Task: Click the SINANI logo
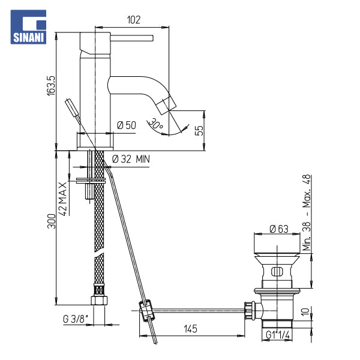point(28,26)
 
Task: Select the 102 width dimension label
point(134,20)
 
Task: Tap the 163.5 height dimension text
point(51,86)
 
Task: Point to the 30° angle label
point(155,124)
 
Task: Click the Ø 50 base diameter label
point(126,125)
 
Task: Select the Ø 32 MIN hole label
point(131,159)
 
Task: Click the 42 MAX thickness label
point(62,199)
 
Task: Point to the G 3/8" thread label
point(76,319)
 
